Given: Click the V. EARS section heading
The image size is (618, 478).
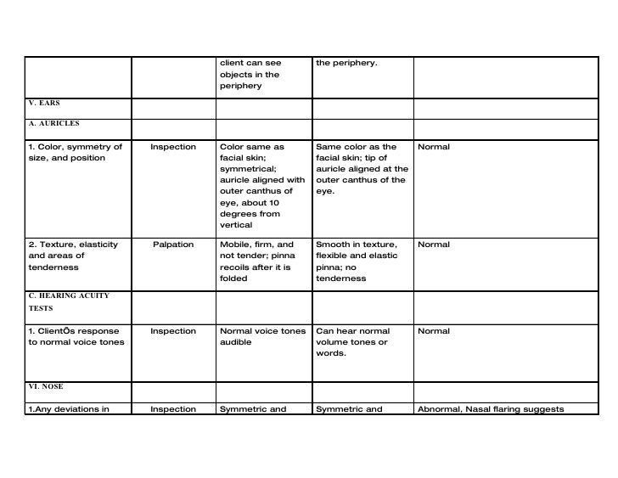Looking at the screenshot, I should (x=43, y=104).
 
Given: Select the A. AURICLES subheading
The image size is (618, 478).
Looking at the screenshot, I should (x=53, y=123).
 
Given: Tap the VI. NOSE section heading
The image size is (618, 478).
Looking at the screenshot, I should (x=46, y=386).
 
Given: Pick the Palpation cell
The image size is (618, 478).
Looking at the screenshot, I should (x=173, y=245).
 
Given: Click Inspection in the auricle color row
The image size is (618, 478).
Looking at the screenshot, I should (x=173, y=147).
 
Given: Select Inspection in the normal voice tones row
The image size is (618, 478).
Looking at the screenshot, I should (x=173, y=331).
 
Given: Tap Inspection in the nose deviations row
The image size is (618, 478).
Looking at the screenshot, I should (x=173, y=409).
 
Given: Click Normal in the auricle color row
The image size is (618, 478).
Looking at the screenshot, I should (x=434, y=147).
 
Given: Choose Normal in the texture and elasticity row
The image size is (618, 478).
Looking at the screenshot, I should (x=434, y=245).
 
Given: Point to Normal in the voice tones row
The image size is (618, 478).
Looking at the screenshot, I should (x=434, y=331).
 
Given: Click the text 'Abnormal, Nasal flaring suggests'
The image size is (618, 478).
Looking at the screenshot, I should (x=491, y=409).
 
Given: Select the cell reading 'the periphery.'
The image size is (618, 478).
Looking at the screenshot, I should (x=346, y=63).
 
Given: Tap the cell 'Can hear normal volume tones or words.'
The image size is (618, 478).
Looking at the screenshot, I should (x=353, y=342).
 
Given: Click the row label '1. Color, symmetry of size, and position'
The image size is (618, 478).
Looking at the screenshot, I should (x=76, y=153).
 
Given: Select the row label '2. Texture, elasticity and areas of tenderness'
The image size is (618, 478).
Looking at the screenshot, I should (x=73, y=256).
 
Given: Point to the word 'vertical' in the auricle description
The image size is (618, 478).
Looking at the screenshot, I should (x=236, y=226).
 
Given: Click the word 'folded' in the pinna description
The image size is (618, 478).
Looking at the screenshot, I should (x=233, y=278).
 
